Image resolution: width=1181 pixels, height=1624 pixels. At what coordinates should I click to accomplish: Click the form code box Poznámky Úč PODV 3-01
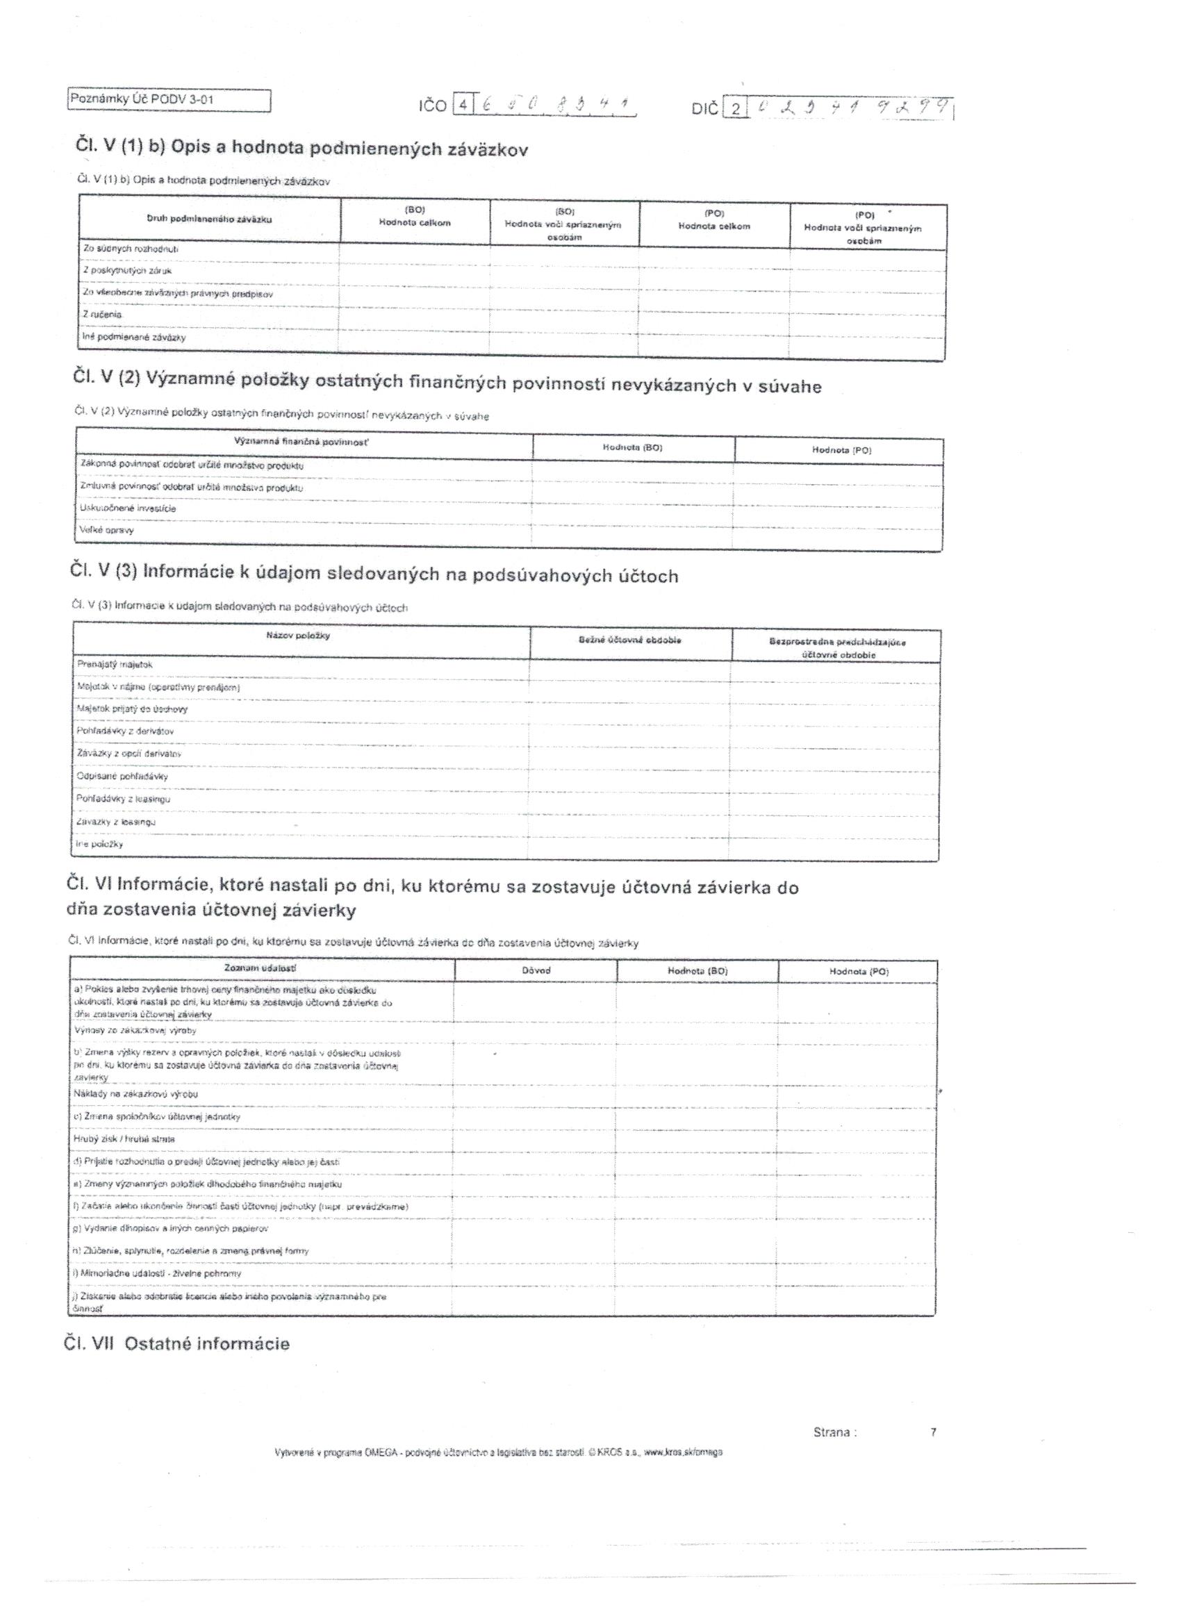(x=169, y=100)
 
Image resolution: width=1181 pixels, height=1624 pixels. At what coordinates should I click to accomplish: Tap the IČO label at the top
(x=433, y=106)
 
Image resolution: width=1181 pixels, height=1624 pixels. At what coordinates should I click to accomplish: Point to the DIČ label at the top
(x=704, y=110)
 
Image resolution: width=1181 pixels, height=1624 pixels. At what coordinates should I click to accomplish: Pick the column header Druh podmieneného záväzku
(x=209, y=218)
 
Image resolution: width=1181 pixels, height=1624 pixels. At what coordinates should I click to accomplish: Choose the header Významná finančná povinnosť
(x=302, y=442)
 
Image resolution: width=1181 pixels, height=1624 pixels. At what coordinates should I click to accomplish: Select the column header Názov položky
(x=298, y=635)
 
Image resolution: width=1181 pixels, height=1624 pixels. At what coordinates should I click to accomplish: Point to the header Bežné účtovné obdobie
(x=630, y=640)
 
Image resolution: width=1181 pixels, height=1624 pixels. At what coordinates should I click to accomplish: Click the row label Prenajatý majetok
(x=115, y=665)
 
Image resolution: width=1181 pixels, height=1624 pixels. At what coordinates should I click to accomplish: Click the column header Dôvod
(x=536, y=970)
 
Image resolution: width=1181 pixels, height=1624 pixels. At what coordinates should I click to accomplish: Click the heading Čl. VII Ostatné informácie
(x=177, y=1344)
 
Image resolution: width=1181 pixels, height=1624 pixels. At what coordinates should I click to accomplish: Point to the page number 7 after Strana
(x=933, y=1432)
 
